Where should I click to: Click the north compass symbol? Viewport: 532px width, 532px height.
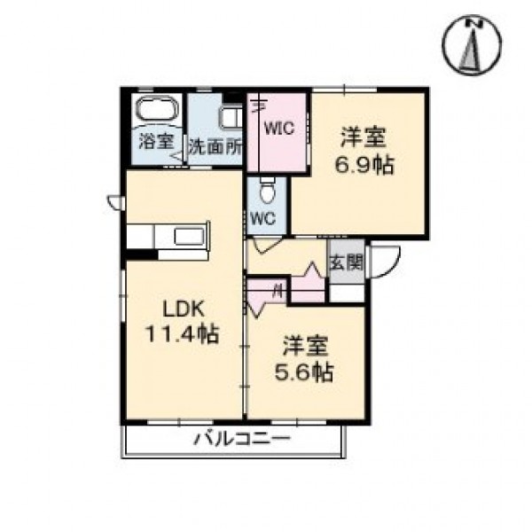472,44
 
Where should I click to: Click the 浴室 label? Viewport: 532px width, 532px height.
157,142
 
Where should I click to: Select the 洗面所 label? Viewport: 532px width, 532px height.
215,147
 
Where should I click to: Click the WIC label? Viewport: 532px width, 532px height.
279,129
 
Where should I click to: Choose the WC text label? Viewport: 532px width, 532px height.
263,219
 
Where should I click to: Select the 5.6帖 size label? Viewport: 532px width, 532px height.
303,372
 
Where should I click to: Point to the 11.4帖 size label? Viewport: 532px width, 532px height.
183,333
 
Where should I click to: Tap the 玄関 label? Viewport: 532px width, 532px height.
346,262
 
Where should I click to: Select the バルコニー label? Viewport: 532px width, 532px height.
242,439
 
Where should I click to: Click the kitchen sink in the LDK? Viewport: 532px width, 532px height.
190,237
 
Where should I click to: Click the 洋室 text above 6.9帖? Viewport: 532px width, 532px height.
364,137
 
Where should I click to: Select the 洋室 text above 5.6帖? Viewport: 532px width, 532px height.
306,346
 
